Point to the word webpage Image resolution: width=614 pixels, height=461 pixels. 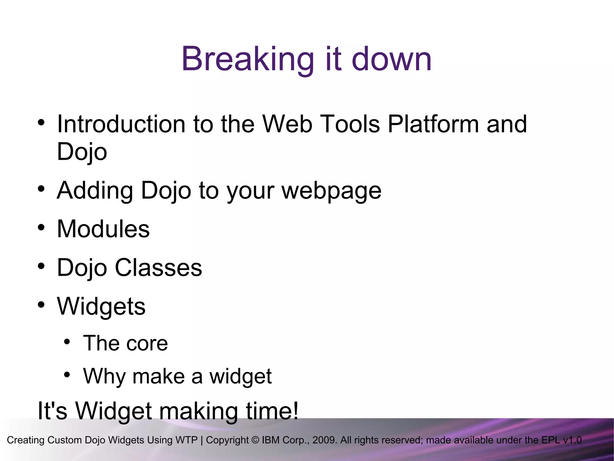coord(331,191)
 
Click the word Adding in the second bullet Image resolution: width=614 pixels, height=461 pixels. coord(95,190)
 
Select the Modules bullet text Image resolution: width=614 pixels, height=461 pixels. coord(103,229)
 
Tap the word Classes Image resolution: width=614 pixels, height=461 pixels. coord(158,267)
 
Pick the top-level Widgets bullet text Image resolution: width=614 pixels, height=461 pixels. coord(101,306)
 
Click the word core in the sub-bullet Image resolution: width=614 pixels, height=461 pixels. coord(147,343)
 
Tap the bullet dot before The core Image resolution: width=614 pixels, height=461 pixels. coord(67,342)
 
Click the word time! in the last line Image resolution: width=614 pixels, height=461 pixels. coord(272,411)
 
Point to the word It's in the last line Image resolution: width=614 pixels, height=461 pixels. coord(52,411)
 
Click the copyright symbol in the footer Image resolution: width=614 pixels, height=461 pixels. coord(255,440)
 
